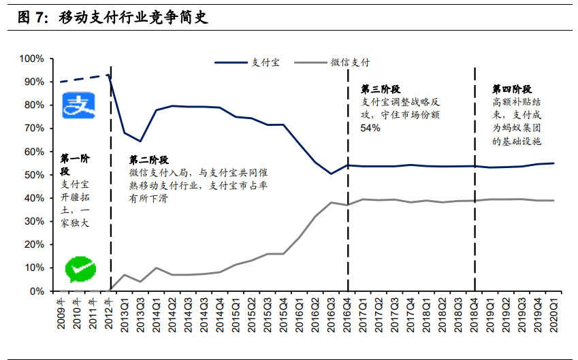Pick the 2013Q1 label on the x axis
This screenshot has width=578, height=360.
(x=125, y=312)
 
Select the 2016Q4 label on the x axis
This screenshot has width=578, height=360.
(x=347, y=312)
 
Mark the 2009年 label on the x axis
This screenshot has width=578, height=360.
(x=61, y=312)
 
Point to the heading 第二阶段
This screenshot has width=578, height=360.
(x=149, y=160)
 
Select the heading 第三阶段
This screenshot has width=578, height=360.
(x=380, y=89)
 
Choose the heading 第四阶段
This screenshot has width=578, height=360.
(x=512, y=89)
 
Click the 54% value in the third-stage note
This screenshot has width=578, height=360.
(x=370, y=128)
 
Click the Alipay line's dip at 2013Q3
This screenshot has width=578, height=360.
(x=140, y=141)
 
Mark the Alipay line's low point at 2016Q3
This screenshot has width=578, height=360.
(x=331, y=174)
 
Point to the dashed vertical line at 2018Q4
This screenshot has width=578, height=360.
(x=474, y=177)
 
